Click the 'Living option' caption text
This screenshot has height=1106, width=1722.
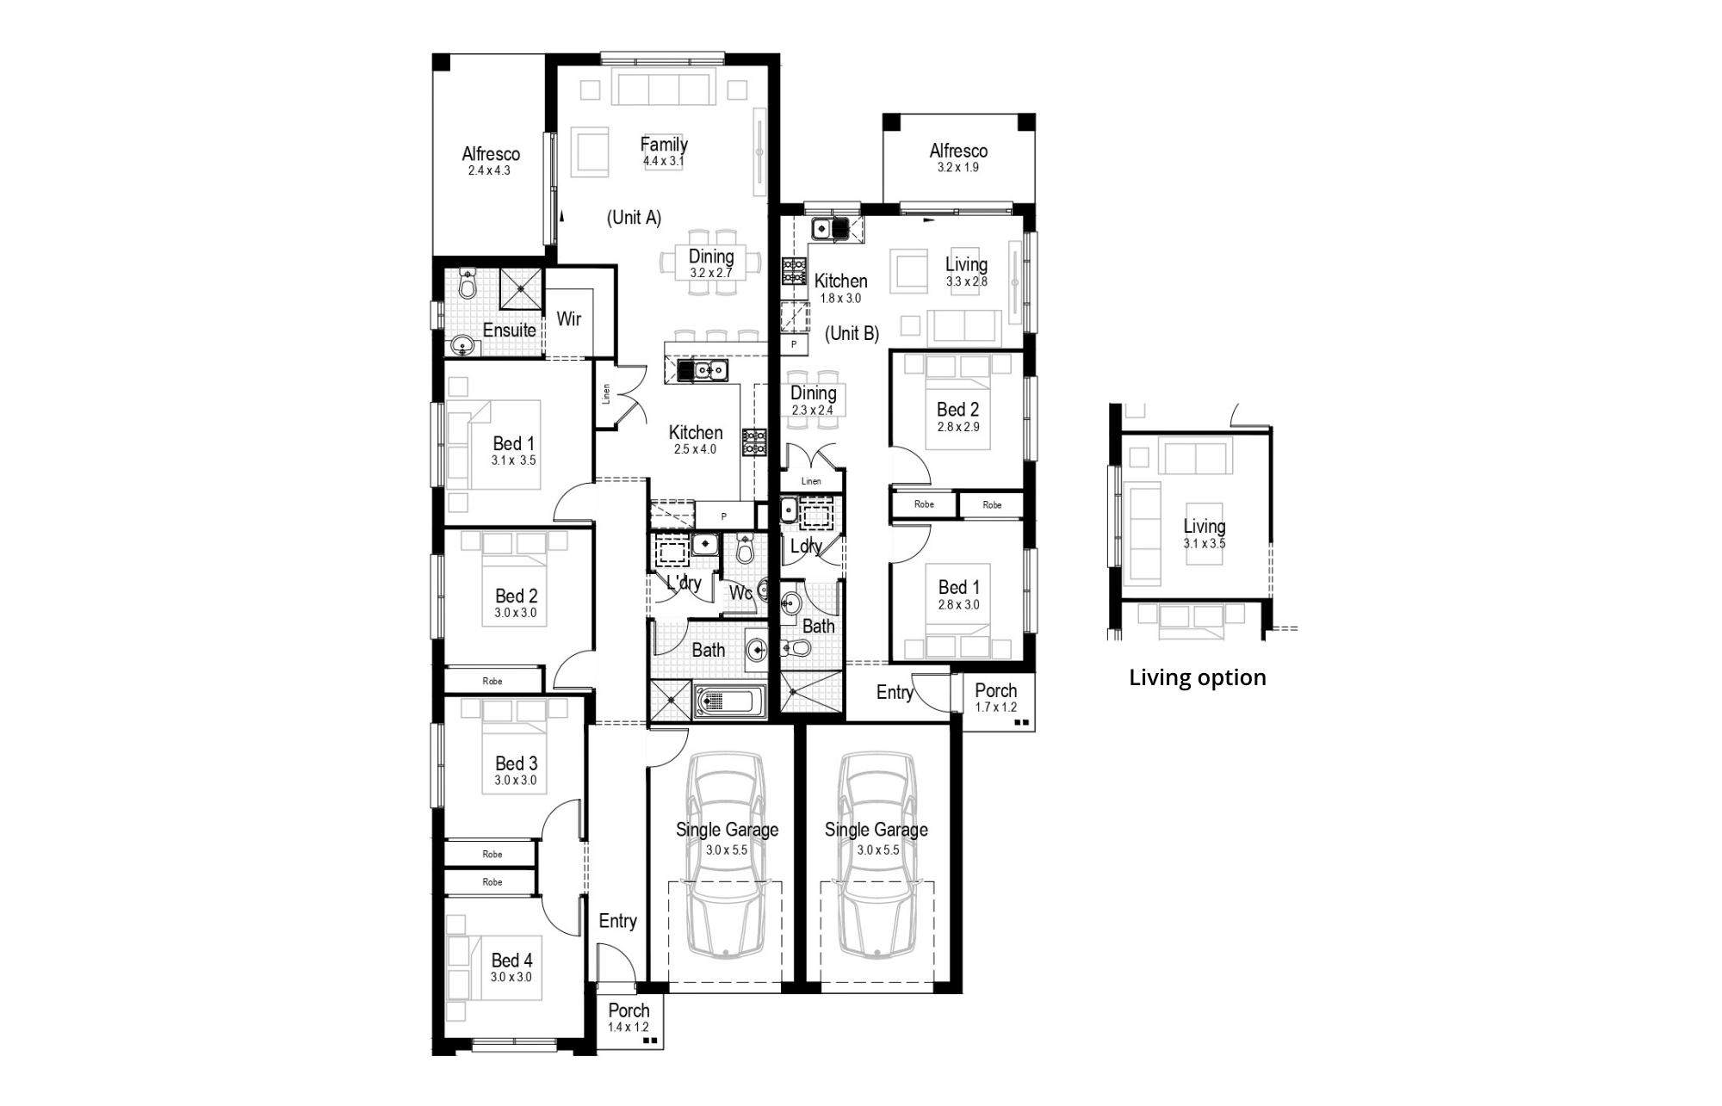pos(1197,678)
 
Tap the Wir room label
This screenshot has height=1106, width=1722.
pos(568,319)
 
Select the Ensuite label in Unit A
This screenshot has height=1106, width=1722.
pos(509,331)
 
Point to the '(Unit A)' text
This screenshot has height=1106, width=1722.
pos(635,218)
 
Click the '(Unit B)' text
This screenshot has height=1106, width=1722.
pos(852,334)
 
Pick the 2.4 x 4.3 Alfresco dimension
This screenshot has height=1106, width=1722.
pos(489,171)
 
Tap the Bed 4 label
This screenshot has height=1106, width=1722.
pos(511,961)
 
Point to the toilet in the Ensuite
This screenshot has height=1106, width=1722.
pos(468,283)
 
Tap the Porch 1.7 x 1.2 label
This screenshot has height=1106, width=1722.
pos(996,698)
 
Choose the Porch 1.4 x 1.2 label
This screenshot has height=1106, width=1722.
pos(629,1018)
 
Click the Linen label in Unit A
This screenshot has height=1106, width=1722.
pos(606,394)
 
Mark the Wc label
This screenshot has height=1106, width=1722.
pos(740,593)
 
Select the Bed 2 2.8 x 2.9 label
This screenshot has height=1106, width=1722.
pos(958,417)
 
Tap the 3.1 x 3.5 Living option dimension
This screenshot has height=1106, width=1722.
pos(1205,544)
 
